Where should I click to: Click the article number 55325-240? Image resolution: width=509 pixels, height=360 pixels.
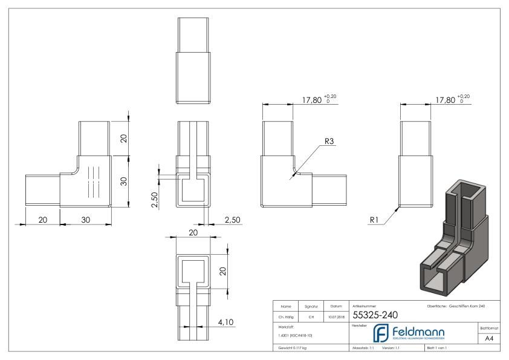[370, 315]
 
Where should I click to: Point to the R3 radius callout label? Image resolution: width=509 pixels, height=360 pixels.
[329, 141]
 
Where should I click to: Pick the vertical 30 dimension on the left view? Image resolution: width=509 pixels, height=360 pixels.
[123, 181]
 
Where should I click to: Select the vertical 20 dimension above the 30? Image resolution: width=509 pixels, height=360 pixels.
[123, 138]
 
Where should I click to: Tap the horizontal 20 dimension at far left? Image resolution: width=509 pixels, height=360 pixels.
[42, 220]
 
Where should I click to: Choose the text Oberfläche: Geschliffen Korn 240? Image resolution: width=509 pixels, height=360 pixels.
[455, 305]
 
